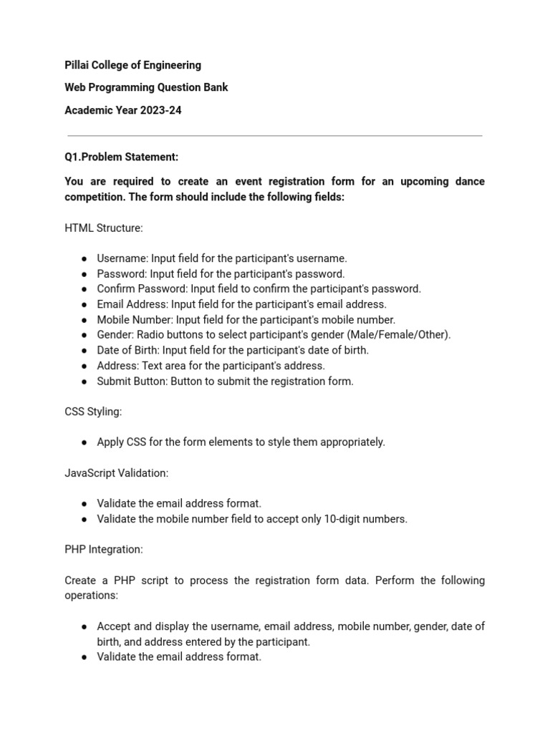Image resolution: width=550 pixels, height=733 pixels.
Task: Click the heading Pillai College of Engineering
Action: point(132,65)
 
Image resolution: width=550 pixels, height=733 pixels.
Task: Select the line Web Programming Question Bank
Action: point(146,88)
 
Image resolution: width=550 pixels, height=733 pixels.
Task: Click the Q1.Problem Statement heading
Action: point(121,157)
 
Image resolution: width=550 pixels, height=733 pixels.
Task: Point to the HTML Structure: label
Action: point(104,228)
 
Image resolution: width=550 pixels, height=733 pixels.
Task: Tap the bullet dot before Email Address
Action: point(84,305)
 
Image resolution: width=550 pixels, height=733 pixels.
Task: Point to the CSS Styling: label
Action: point(93,412)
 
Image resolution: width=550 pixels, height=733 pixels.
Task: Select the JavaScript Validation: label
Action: point(117,473)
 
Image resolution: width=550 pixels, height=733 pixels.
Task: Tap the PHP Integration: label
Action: point(104,550)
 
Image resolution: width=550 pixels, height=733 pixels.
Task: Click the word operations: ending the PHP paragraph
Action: point(91,596)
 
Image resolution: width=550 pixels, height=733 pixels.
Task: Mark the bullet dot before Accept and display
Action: point(84,627)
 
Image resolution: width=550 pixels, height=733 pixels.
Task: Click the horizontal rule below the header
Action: point(275,135)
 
